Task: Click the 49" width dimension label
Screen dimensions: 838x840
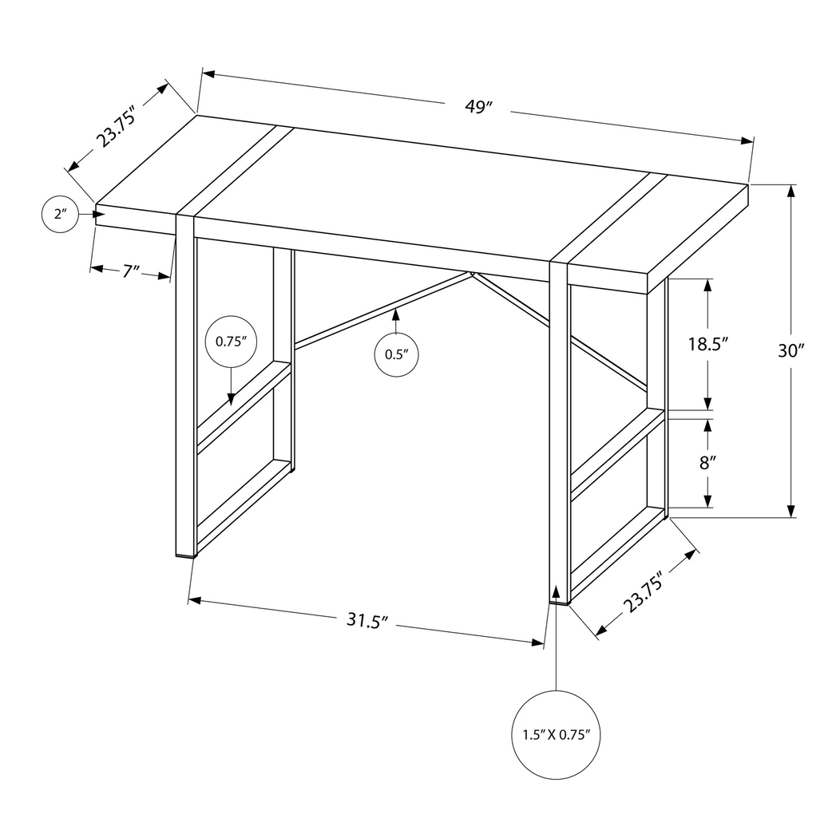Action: [477, 108]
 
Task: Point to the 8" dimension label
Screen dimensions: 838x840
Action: [705, 462]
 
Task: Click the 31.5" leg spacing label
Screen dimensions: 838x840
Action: [367, 620]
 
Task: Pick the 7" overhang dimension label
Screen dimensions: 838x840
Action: [131, 271]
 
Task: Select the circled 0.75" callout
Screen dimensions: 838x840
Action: [231, 341]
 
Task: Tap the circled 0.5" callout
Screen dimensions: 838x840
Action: [396, 354]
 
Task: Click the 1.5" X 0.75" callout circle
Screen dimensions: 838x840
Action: [556, 734]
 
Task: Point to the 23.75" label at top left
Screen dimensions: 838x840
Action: [114, 125]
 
